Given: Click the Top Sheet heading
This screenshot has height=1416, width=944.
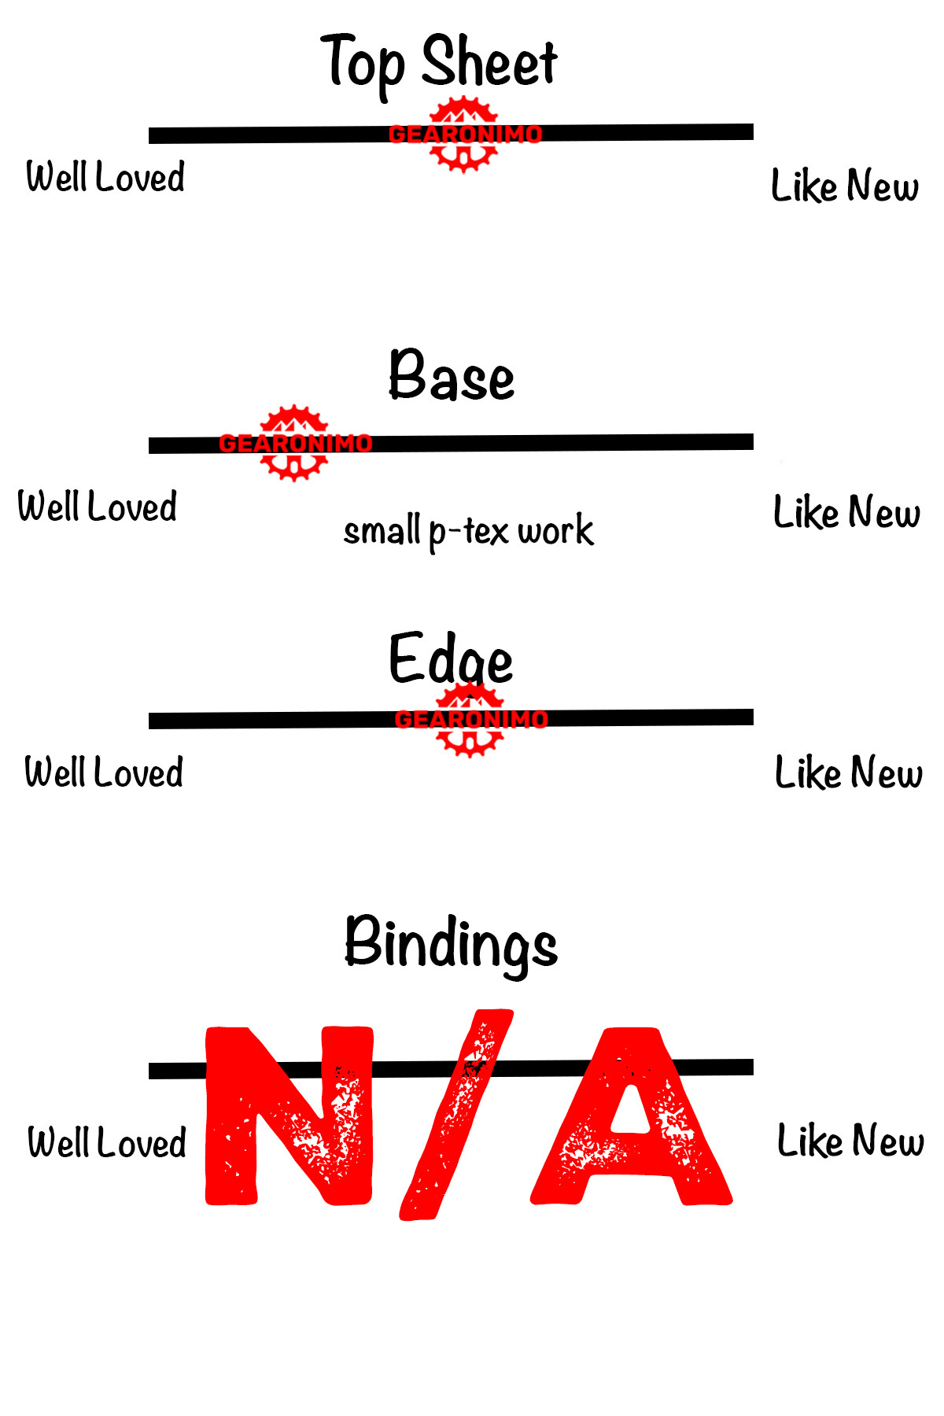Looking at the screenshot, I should pyautogui.click(x=439, y=63).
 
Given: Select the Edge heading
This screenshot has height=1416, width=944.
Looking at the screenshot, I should pyautogui.click(x=451, y=659).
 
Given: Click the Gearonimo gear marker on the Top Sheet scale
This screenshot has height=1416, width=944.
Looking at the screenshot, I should pyautogui.click(x=464, y=135).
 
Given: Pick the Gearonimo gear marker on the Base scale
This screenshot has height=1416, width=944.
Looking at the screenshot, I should pyautogui.click(x=294, y=444).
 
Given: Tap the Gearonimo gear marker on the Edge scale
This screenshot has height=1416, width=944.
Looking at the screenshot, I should pyautogui.click(x=470, y=719).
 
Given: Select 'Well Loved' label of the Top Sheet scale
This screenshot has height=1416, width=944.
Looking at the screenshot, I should pyautogui.click(x=105, y=177).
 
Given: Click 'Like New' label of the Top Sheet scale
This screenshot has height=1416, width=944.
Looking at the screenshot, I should pyautogui.click(x=845, y=187).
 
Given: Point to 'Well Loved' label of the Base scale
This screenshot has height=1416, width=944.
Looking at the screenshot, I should pyautogui.click(x=98, y=507).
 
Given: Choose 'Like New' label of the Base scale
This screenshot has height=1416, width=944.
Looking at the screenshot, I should pyautogui.click(x=846, y=513).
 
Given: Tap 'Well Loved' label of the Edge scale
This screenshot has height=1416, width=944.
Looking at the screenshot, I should pyautogui.click(x=104, y=773).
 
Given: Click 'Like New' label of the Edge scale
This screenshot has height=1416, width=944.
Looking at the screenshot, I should pyautogui.click(x=848, y=773).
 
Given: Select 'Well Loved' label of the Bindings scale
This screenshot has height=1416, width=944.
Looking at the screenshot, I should pyautogui.click(x=107, y=1143).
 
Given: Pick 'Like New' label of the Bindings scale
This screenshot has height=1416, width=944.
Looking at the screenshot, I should pyautogui.click(x=850, y=1141).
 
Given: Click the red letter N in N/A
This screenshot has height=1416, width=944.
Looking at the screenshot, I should pyautogui.click(x=288, y=1117).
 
